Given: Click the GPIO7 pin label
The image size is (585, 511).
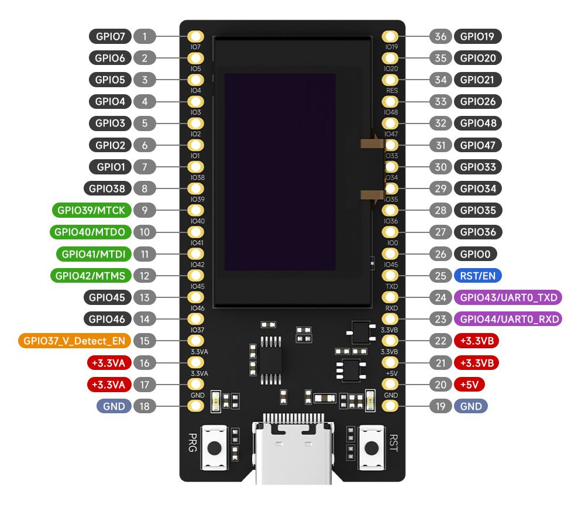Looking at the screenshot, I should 111,36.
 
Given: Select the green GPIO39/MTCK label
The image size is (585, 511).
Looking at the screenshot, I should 91,210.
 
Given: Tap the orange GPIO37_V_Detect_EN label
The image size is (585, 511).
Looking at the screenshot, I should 74,341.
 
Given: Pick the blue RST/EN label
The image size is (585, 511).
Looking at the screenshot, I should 477,276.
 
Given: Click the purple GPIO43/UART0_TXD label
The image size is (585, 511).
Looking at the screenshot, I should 507,297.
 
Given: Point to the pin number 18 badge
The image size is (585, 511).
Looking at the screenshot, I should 144,406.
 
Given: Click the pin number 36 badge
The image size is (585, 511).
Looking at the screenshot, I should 441,36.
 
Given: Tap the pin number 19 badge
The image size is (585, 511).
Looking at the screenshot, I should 441,406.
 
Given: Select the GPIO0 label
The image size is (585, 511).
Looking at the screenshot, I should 475,254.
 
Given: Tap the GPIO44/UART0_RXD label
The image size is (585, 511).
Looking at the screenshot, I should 507,319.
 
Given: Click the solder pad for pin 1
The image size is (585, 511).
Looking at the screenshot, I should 195,36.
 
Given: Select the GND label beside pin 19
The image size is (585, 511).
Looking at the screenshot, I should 471,406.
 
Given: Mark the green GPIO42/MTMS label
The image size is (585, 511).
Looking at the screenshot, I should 91,276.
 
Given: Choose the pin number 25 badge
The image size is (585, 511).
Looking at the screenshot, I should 441,276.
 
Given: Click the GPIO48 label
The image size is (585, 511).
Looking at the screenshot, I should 477,124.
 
